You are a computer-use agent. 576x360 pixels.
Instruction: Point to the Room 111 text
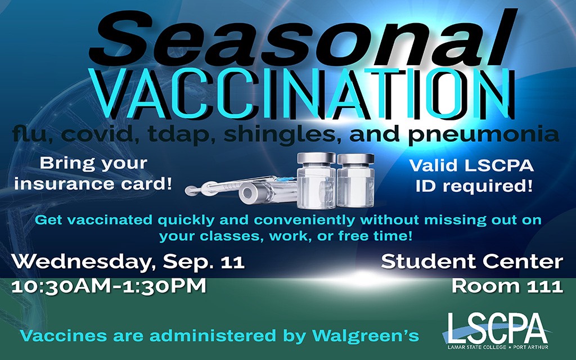click(507, 286)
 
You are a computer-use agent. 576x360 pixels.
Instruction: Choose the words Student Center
click(472, 262)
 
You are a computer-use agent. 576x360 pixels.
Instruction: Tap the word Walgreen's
click(366, 335)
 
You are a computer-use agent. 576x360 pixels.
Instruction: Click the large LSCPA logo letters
click(497, 328)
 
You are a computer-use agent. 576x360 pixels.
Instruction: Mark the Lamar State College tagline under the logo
click(498, 347)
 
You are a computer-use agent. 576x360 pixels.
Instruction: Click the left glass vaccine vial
click(316, 181)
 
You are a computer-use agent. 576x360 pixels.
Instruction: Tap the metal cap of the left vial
click(316, 157)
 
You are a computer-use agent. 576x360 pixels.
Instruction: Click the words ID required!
click(474, 186)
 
